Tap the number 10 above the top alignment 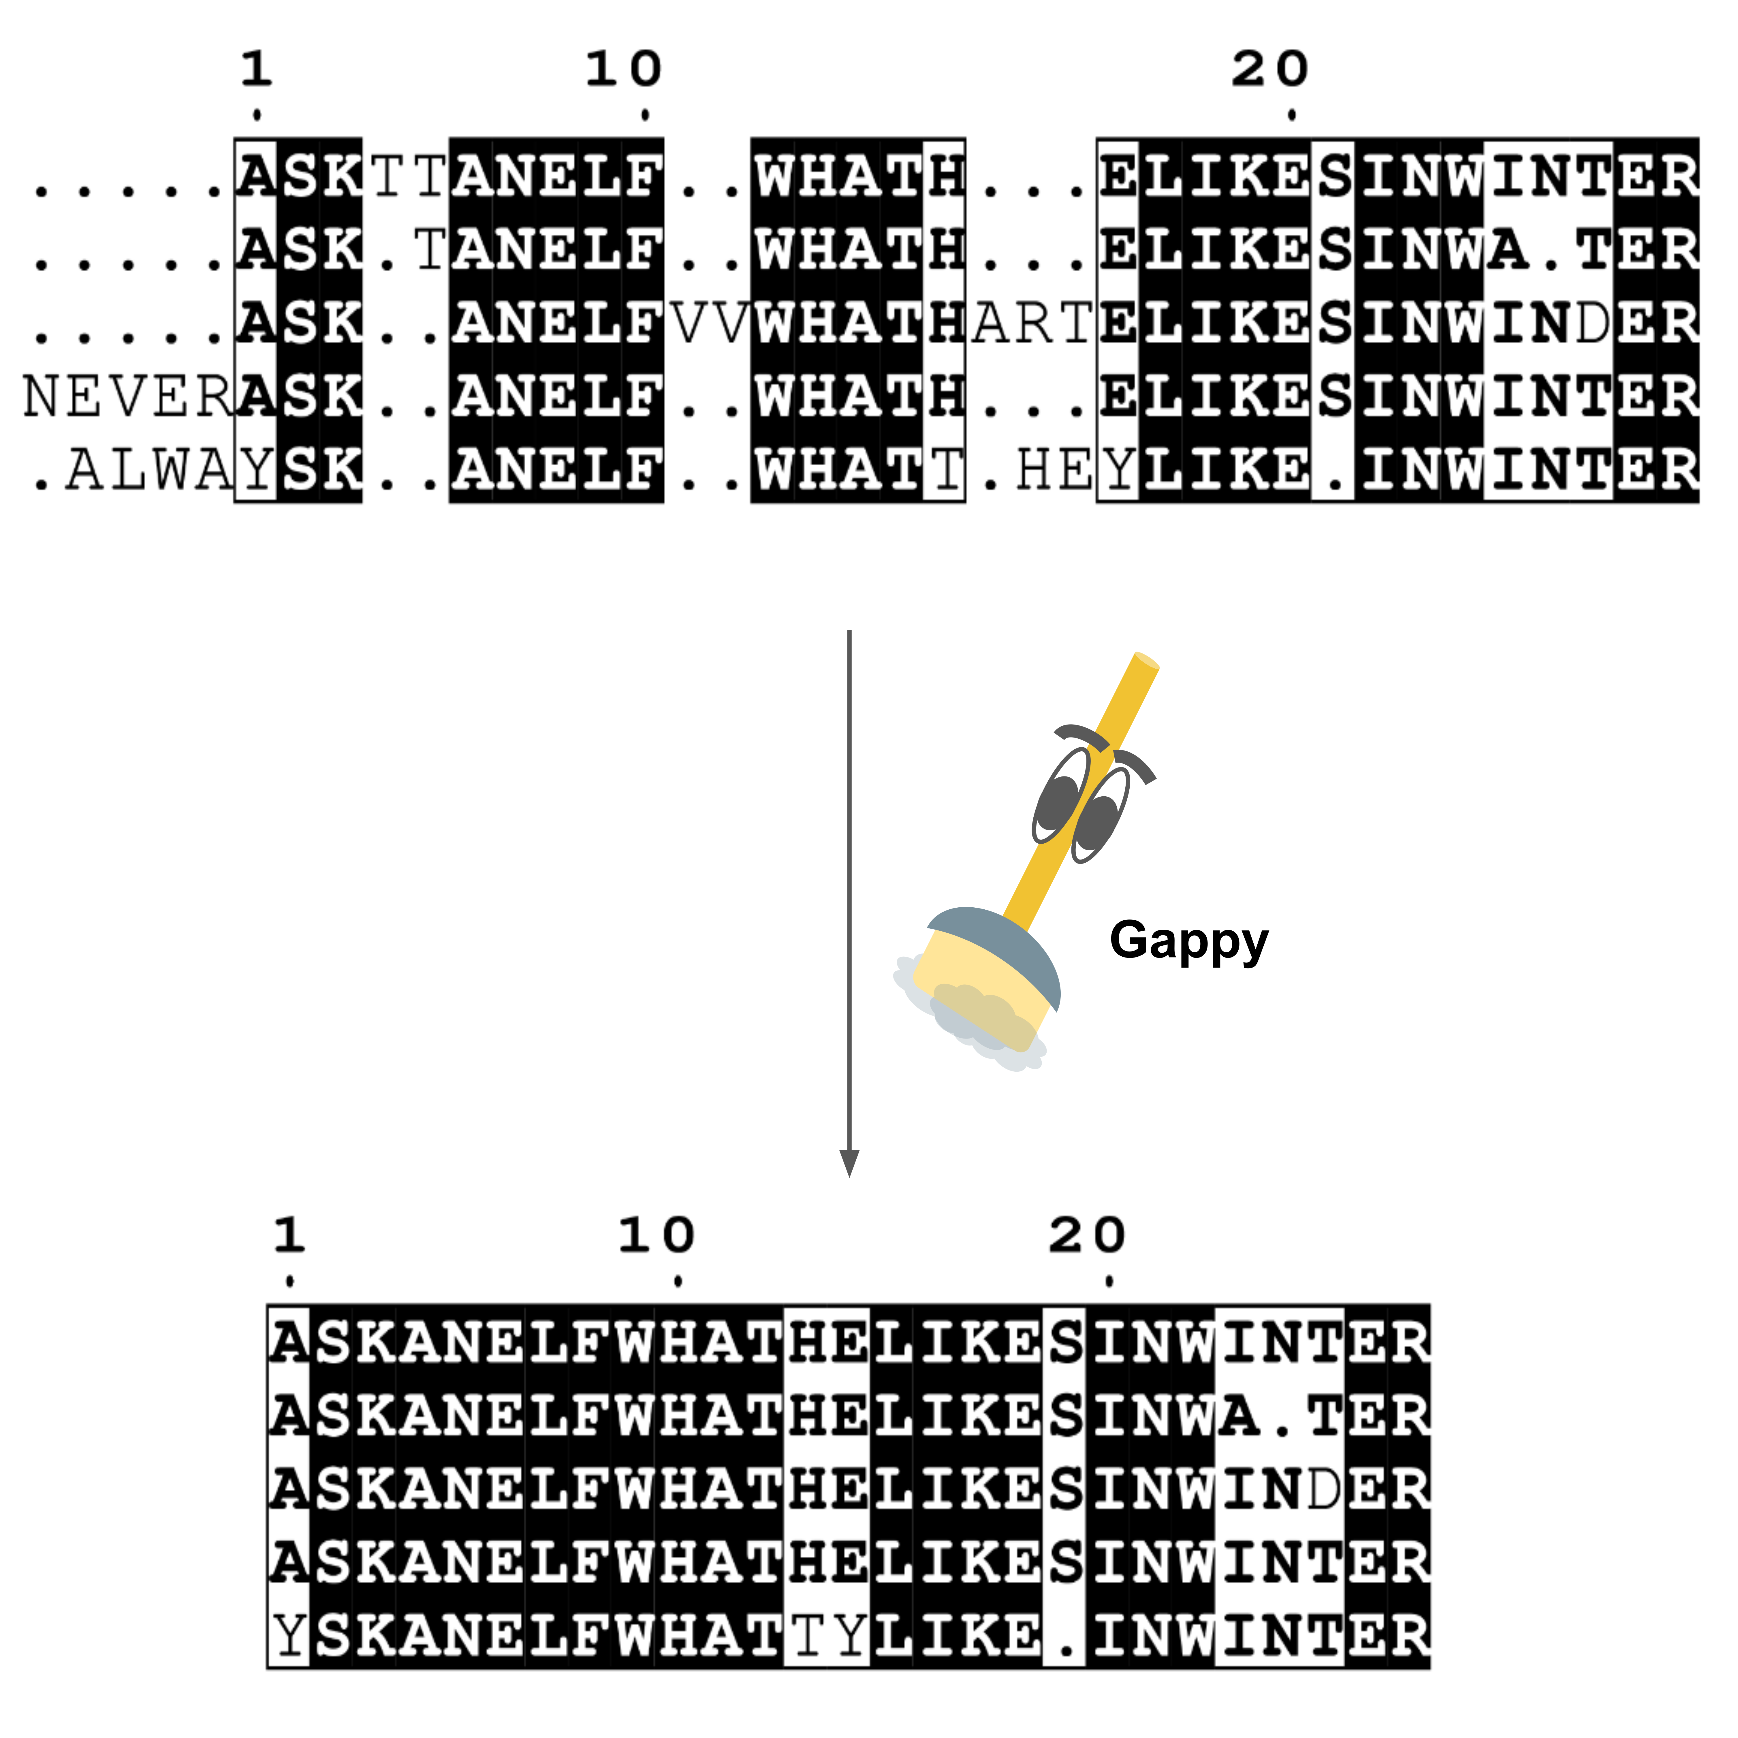pyautogui.click(x=623, y=70)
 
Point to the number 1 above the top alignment pyautogui.click(x=256, y=70)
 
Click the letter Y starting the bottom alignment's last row pyautogui.click(x=289, y=1635)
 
